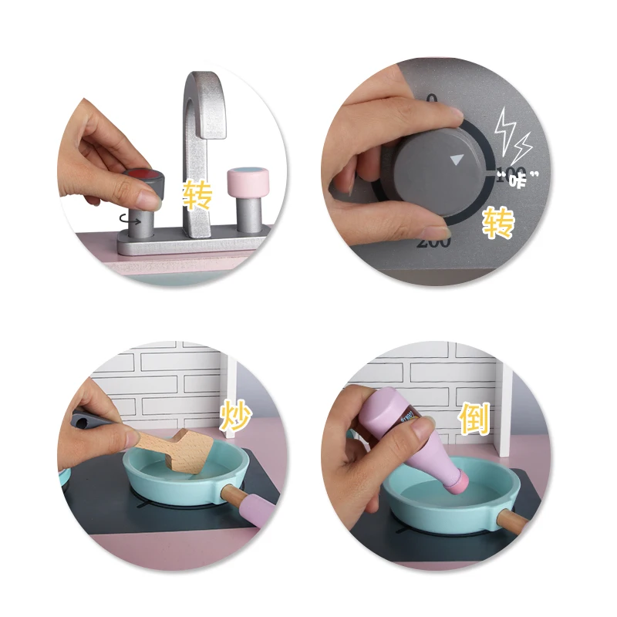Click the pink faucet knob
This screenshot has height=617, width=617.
(247, 180)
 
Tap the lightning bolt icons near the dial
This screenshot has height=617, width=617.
(512, 136)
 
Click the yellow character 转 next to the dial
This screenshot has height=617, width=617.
(497, 224)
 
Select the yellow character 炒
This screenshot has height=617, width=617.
(236, 416)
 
